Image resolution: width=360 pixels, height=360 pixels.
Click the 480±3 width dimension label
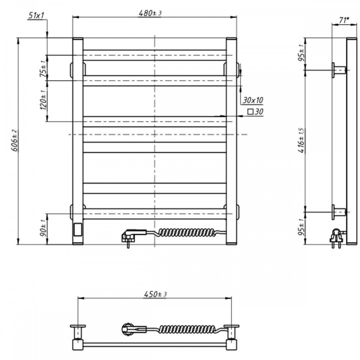pos(150,13)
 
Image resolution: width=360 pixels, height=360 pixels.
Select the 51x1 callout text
pos(36,15)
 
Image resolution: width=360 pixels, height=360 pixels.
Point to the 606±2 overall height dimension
pos(14,140)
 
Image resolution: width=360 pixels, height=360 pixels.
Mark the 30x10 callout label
pos(253,100)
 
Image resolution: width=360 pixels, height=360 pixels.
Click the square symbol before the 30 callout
pos(250,112)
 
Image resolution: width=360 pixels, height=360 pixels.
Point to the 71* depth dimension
pos(344,20)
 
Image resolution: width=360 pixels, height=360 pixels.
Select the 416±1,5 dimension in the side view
pos(302,140)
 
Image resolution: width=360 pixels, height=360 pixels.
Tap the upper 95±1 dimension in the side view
pos(302,53)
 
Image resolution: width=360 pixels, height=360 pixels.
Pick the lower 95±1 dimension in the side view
pos(302,227)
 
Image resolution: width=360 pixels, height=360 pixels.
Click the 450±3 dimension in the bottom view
pos(155,294)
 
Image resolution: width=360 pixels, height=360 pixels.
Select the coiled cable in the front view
pos(187,233)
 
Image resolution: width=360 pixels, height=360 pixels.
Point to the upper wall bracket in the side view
pos(339,70)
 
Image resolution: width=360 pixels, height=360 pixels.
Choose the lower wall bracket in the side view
pos(339,212)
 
